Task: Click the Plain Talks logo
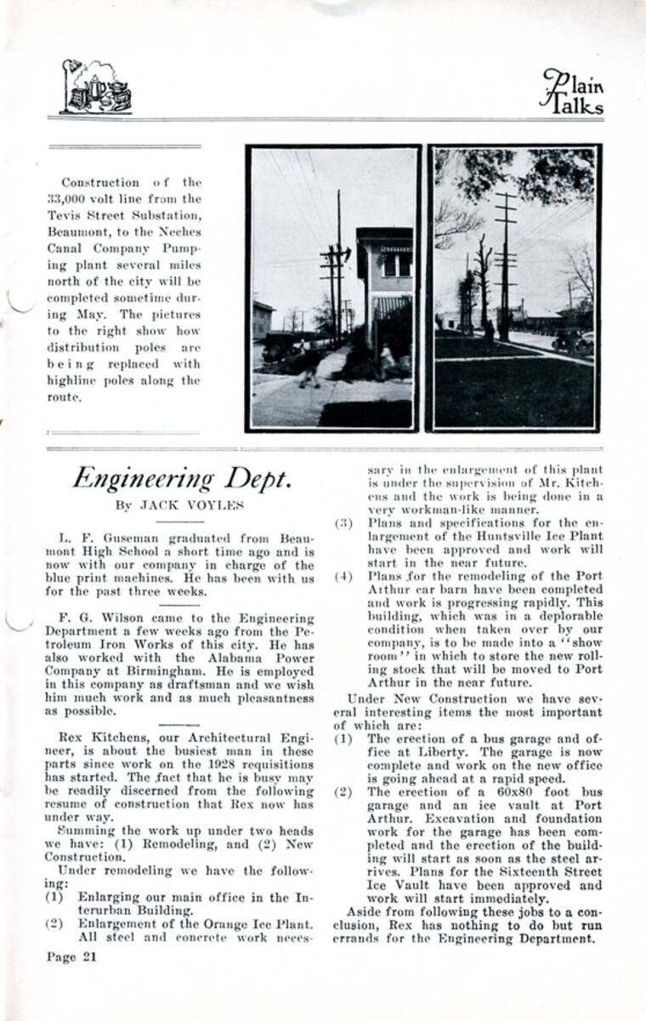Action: click(x=572, y=91)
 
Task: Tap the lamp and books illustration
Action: click(x=96, y=88)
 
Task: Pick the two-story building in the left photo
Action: click(x=384, y=281)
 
